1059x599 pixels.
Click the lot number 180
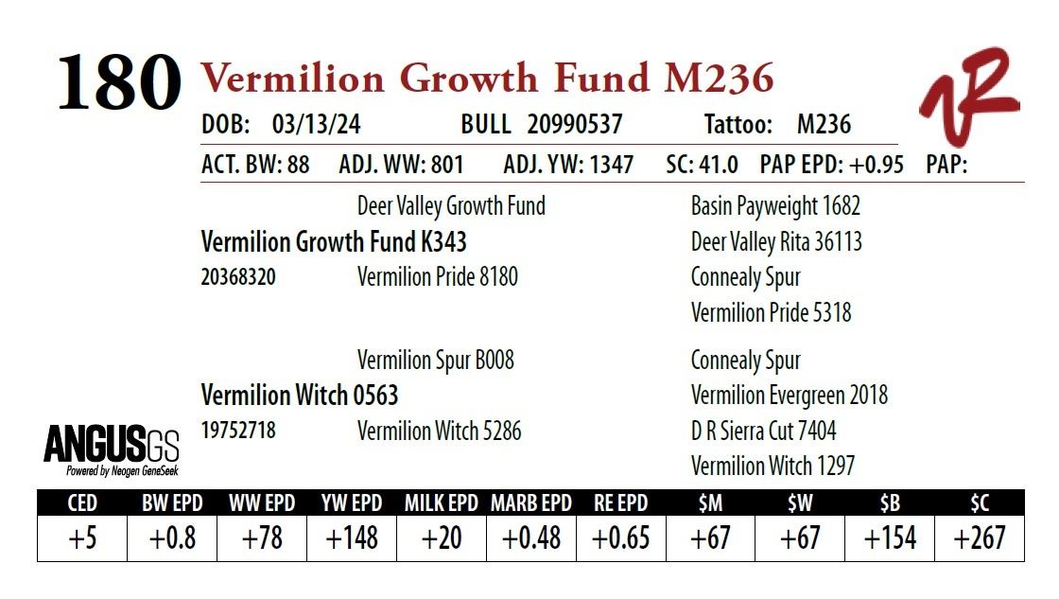119,84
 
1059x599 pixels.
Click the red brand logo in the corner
969,95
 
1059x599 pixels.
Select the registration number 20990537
575,125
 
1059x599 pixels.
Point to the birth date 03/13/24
316,125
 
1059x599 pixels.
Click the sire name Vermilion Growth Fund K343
334,242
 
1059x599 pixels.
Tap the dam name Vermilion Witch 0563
300,395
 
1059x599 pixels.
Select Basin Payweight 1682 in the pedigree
775,206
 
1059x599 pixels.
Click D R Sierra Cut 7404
763,432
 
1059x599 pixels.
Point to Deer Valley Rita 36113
776,242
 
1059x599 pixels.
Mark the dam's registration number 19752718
238,431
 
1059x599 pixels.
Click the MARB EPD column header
530,502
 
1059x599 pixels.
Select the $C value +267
979,538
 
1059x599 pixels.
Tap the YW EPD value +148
352,538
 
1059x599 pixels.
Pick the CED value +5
82,538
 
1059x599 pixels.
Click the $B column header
890,502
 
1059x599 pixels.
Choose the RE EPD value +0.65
620,538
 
